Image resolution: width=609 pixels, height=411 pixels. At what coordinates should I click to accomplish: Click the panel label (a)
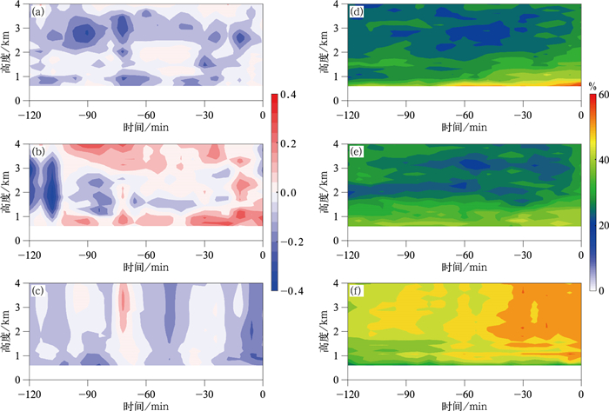click(38, 13)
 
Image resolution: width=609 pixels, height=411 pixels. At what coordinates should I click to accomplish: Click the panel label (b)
click(38, 153)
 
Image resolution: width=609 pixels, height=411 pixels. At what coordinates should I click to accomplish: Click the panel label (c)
click(38, 289)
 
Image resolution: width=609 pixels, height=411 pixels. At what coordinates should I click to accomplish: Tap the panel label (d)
click(358, 13)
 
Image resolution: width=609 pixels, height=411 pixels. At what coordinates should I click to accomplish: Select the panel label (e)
click(358, 153)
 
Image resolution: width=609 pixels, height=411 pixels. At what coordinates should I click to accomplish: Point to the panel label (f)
click(358, 289)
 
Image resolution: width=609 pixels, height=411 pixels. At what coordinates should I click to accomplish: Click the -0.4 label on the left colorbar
click(291, 290)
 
